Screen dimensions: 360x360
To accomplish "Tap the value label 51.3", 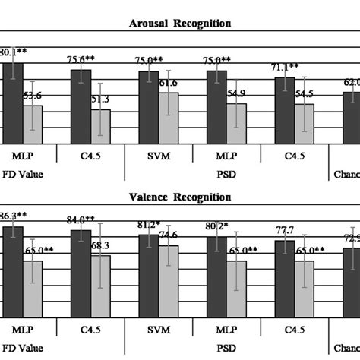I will click(103, 99).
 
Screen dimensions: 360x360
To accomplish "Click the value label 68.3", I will click(103, 245).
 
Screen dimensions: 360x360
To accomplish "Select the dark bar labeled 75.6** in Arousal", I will click(81, 106).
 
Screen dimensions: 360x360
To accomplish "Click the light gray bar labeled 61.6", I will click(169, 118).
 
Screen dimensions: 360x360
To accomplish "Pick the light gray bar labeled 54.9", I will click(237, 123).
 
